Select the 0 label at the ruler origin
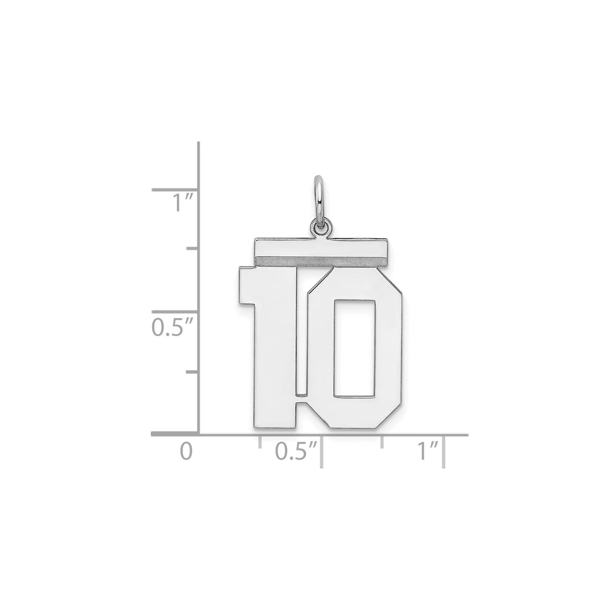[x=186, y=451]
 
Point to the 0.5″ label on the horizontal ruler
[x=297, y=451]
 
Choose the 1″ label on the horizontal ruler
[x=429, y=451]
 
